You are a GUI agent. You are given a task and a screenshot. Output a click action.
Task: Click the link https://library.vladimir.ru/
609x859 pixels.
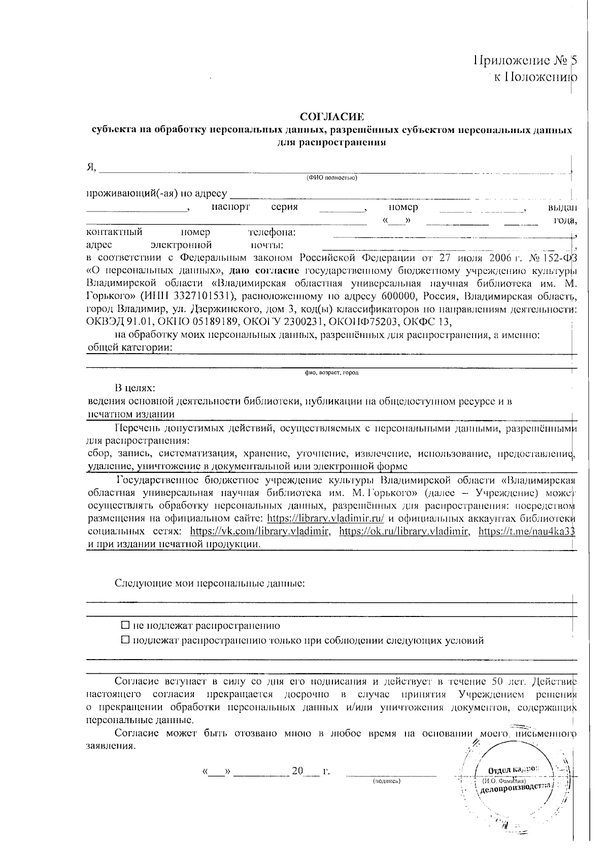(325, 519)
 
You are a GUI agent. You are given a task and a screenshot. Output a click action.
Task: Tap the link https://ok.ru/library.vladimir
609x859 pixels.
(404, 531)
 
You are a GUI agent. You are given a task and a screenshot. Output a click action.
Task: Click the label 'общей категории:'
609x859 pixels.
(130, 348)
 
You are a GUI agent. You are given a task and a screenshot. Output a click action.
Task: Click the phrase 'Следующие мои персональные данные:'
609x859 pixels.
(210, 583)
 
